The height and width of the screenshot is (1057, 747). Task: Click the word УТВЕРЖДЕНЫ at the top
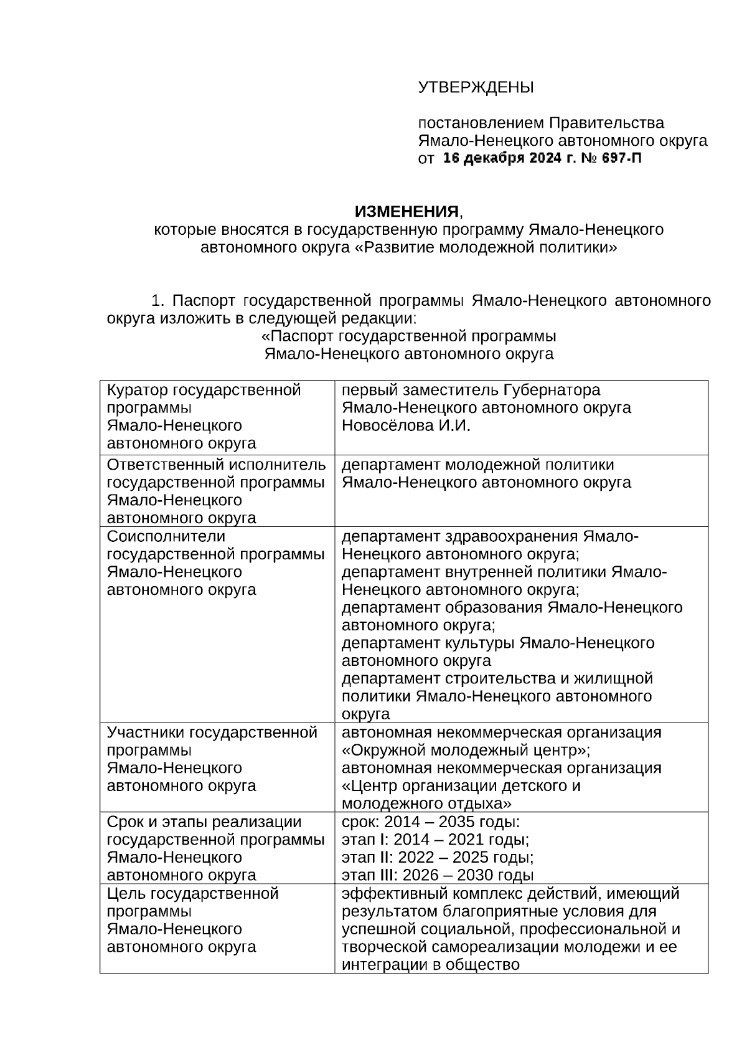[476, 87]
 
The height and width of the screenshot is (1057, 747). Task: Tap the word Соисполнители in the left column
[166, 537]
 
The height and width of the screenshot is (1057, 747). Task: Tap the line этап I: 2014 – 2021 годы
[435, 840]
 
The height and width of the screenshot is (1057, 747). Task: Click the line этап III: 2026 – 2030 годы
[438, 876]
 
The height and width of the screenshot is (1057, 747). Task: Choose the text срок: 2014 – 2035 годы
[431, 822]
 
